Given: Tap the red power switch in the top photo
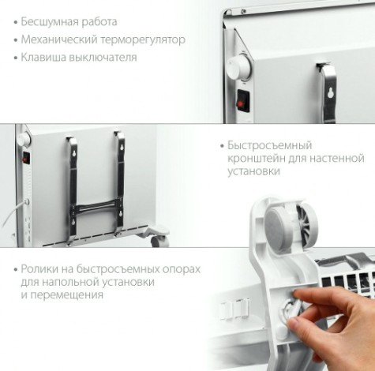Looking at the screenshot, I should [241, 101].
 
